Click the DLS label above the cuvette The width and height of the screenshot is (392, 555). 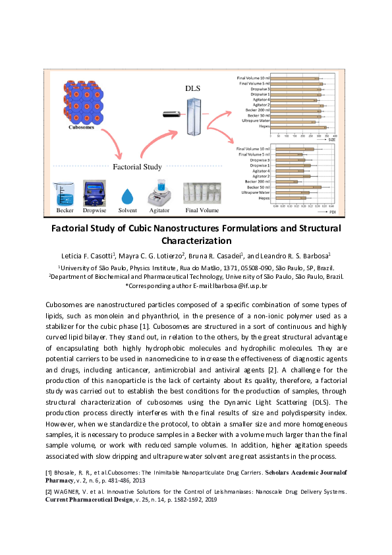point(192,88)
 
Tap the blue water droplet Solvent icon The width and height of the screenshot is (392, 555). point(127,196)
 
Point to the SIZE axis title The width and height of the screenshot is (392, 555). point(332,140)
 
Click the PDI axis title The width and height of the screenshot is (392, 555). point(333,212)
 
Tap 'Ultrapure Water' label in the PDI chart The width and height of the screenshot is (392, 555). point(255,192)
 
